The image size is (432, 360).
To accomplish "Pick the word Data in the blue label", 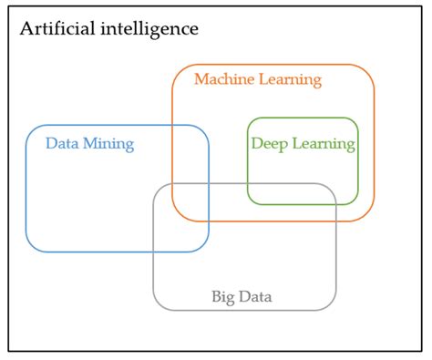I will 64,143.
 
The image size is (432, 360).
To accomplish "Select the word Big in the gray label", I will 224,296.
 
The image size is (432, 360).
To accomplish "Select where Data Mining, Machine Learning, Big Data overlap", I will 190,202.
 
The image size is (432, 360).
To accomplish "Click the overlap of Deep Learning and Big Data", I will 292,194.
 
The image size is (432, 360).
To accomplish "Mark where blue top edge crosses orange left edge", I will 173,125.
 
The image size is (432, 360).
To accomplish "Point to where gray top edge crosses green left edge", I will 248,184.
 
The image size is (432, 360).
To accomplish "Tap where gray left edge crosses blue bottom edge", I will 153,252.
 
